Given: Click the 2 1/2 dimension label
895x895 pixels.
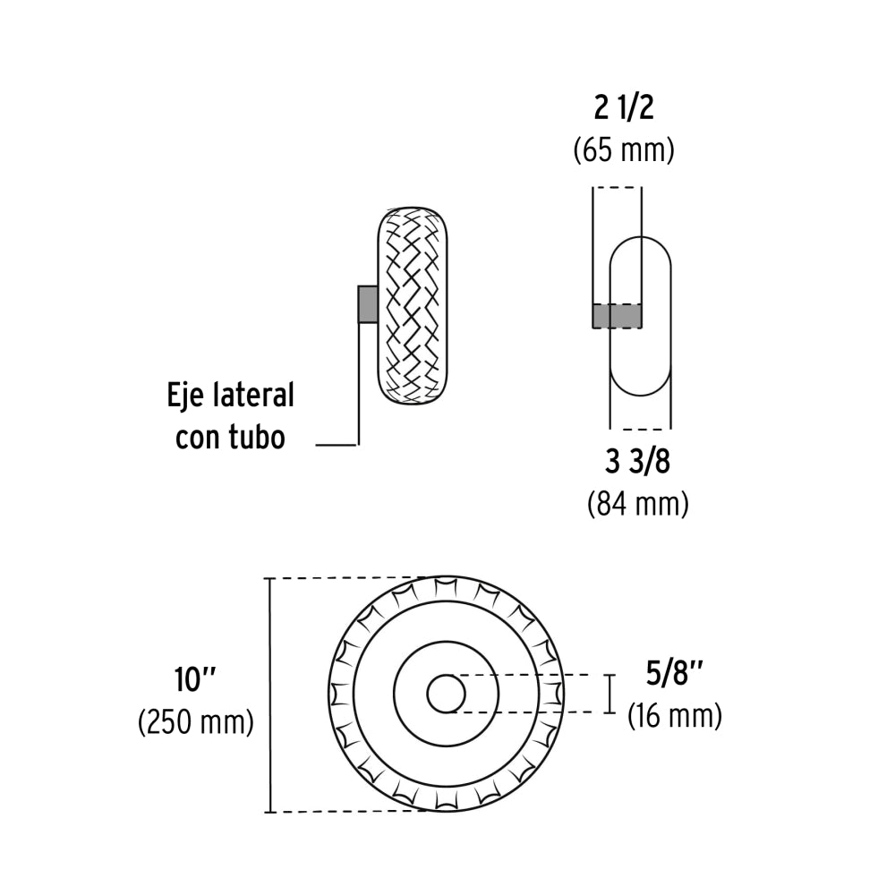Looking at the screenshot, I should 623,109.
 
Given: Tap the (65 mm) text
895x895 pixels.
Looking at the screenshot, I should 623,149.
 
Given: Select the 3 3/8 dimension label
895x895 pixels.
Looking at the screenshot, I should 637,463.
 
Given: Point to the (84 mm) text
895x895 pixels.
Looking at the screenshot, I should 637,504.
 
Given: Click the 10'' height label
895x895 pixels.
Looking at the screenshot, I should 196,680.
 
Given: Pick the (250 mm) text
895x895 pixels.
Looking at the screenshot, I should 196,721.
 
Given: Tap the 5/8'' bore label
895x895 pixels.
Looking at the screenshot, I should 674,673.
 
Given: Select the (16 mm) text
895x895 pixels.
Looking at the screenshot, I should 674,715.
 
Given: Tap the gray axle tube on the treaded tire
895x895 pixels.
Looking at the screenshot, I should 367,304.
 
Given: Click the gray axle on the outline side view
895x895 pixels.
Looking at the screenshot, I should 616,316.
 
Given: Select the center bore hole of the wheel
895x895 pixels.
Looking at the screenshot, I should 446,694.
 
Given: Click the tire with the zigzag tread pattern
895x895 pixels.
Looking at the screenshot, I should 413,304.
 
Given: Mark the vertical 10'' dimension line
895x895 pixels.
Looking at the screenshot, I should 269,695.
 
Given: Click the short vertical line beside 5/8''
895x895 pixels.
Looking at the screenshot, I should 611,694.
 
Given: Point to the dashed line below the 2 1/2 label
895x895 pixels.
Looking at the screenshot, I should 617,188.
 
